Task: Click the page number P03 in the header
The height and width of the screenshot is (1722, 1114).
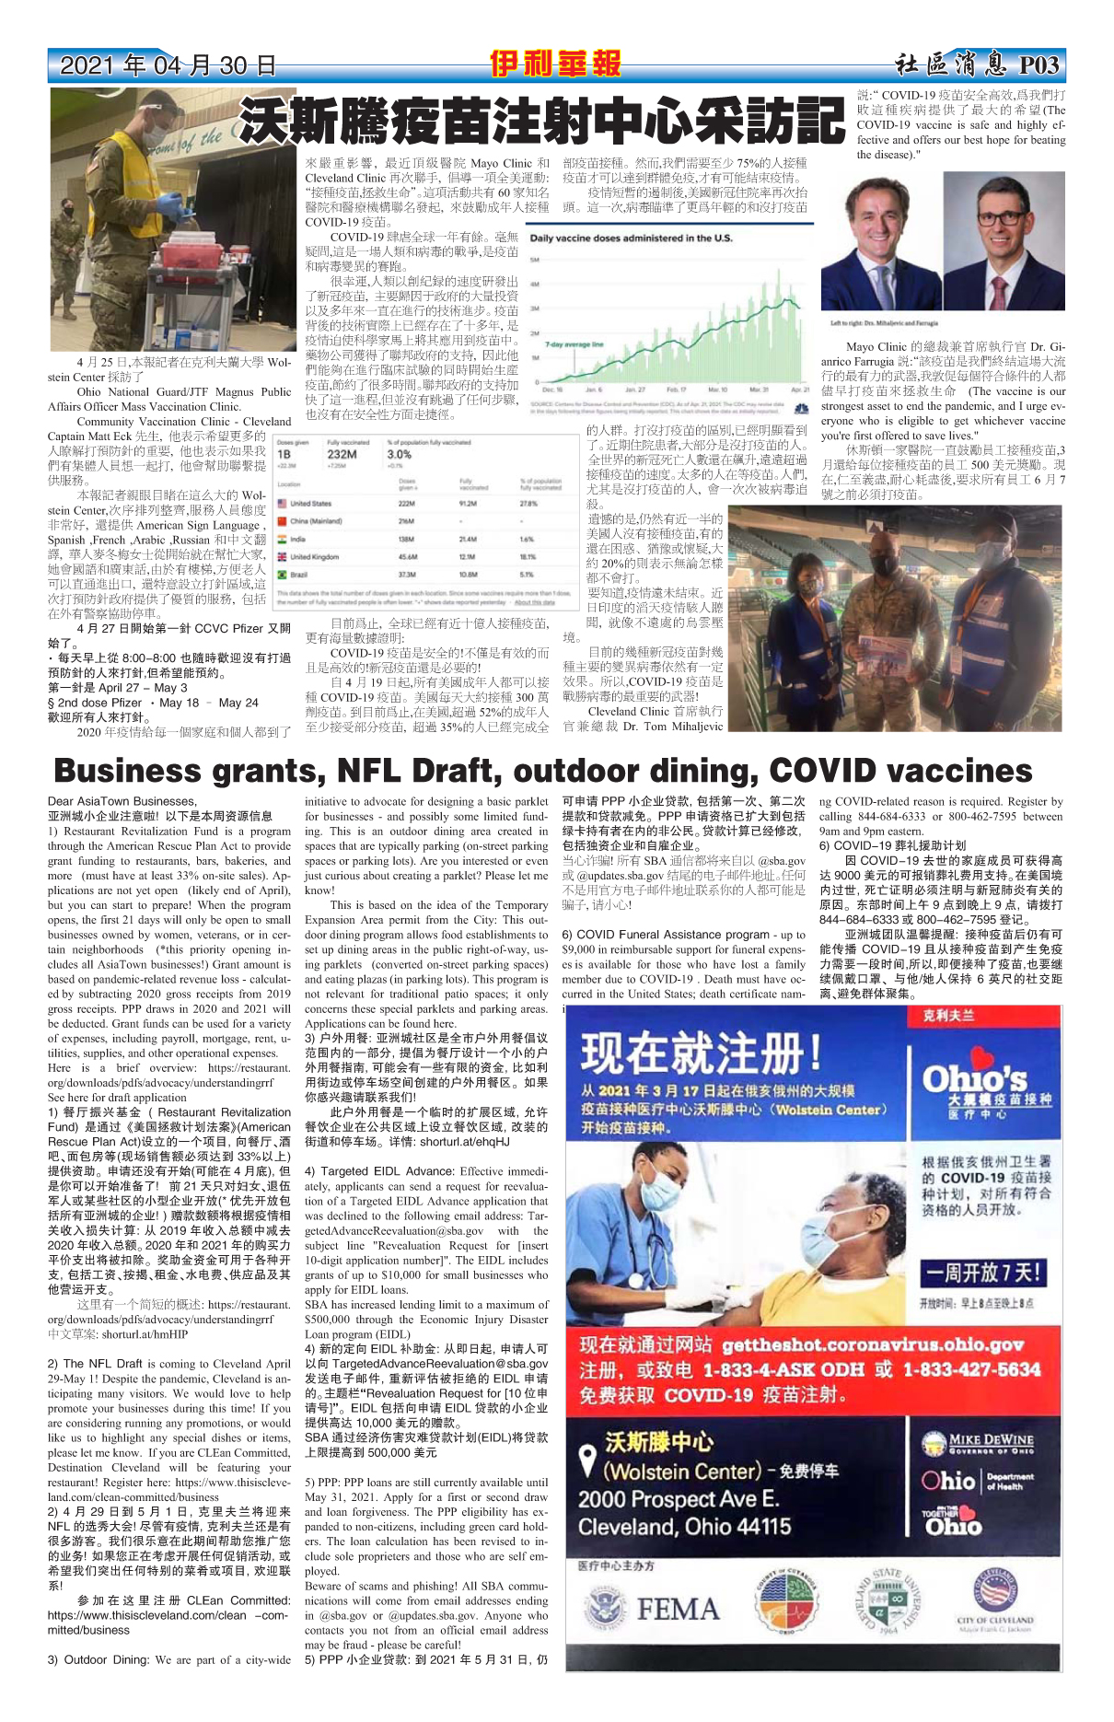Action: click(1039, 64)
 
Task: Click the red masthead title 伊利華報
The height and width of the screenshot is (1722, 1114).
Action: click(555, 64)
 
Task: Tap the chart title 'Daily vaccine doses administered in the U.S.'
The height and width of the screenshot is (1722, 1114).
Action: click(631, 239)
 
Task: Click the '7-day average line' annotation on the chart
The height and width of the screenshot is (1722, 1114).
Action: click(574, 344)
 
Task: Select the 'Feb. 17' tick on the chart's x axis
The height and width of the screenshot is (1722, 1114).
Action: click(677, 390)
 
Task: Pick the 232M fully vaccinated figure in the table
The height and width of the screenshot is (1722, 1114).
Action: click(342, 454)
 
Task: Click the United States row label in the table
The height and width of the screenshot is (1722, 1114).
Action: click(310, 504)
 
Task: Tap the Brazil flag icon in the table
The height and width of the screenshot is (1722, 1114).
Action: click(282, 574)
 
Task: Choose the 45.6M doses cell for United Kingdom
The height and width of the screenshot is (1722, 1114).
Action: click(408, 556)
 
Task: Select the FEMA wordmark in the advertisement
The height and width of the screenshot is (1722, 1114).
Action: click(678, 1610)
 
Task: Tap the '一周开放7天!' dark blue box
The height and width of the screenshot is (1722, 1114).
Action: click(981, 1274)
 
